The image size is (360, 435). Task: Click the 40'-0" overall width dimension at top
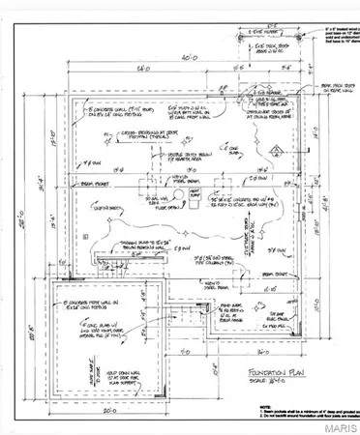[x=179, y=57]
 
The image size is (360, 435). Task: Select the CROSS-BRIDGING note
[x=146, y=135]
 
